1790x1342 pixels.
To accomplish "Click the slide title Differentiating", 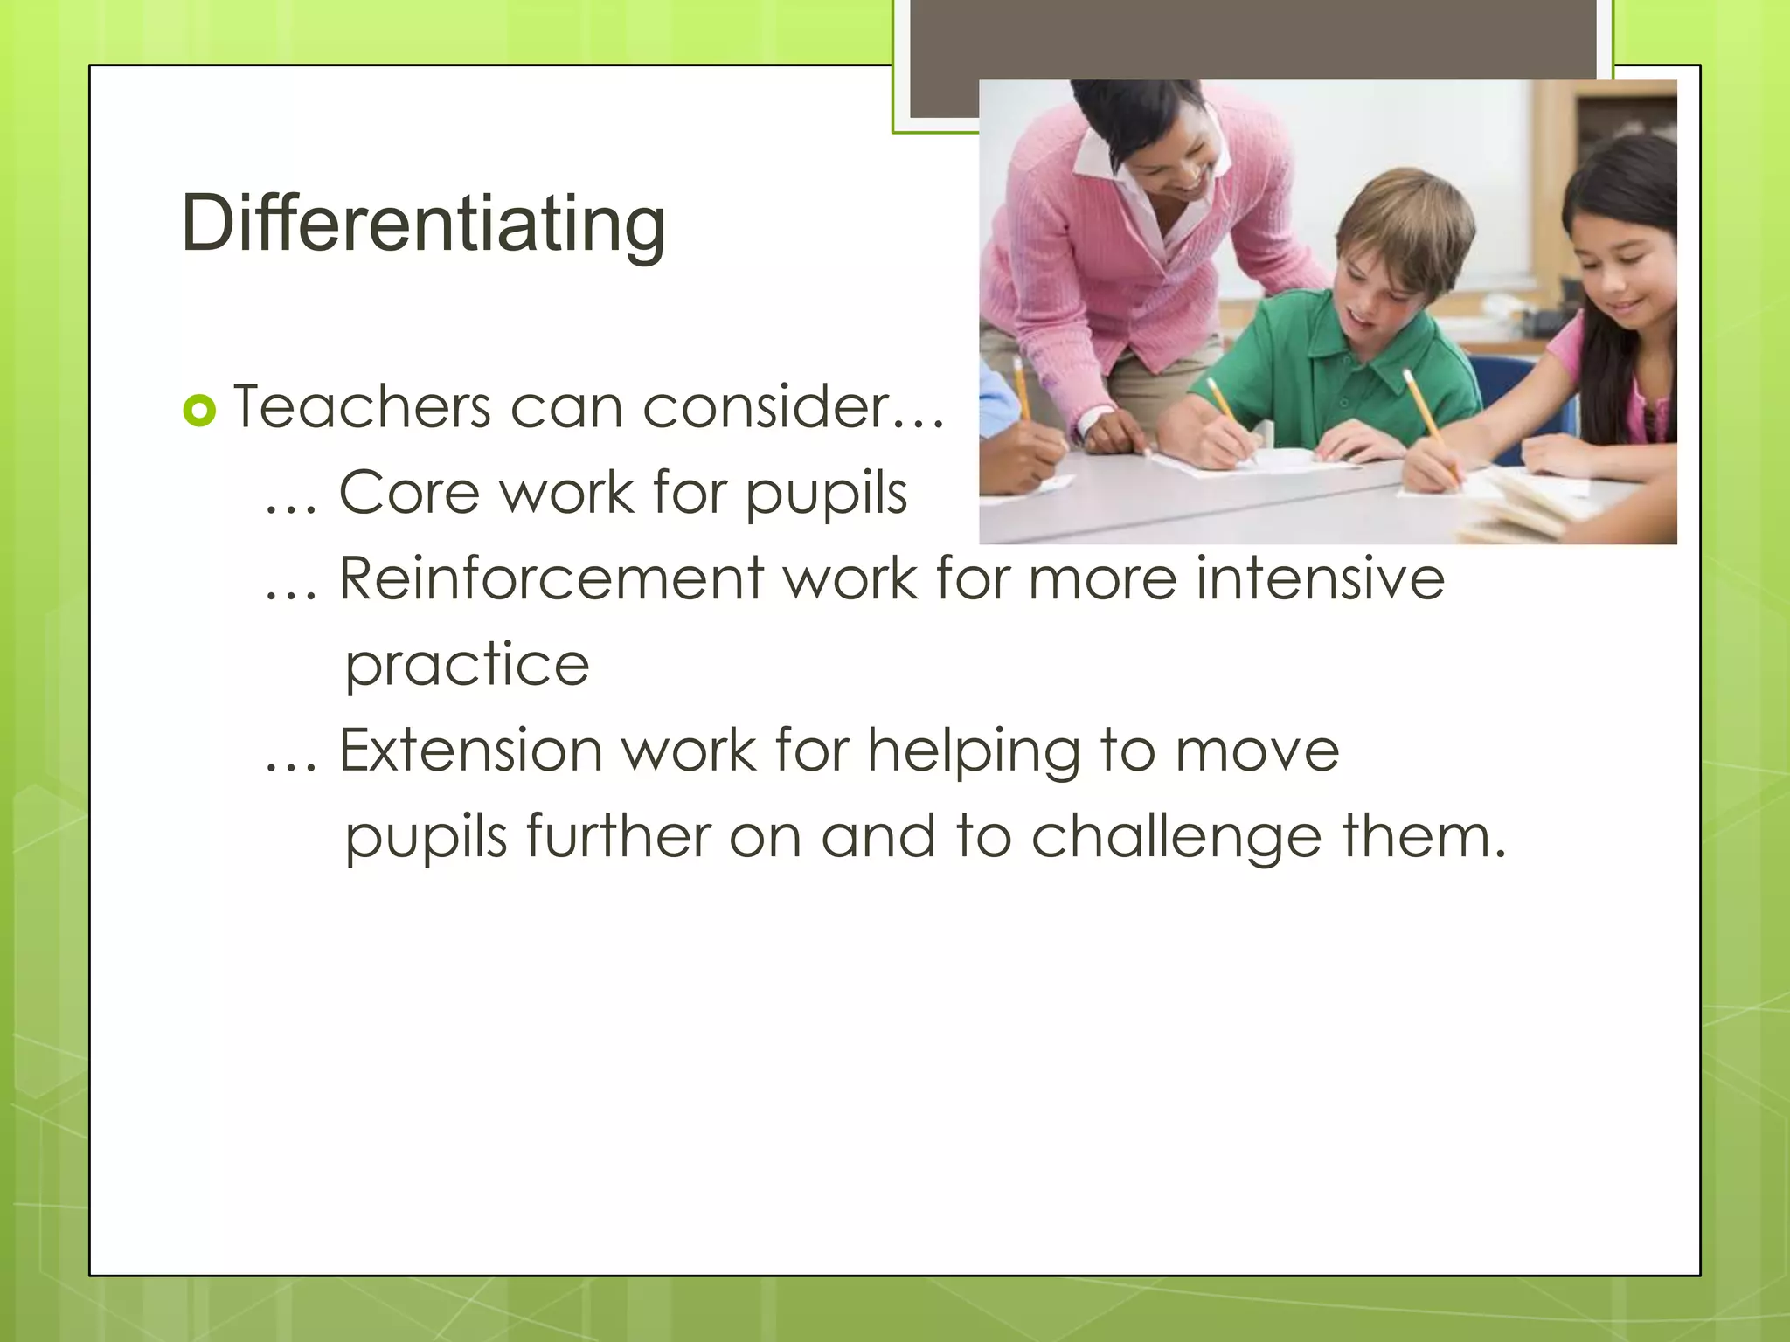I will point(423,224).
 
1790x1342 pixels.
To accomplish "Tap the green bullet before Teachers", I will point(199,410).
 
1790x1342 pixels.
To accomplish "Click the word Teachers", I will point(362,407).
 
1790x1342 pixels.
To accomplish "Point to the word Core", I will point(407,493).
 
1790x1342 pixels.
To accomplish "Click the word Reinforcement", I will point(552,578).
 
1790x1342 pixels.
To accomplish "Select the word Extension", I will point(470,750).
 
